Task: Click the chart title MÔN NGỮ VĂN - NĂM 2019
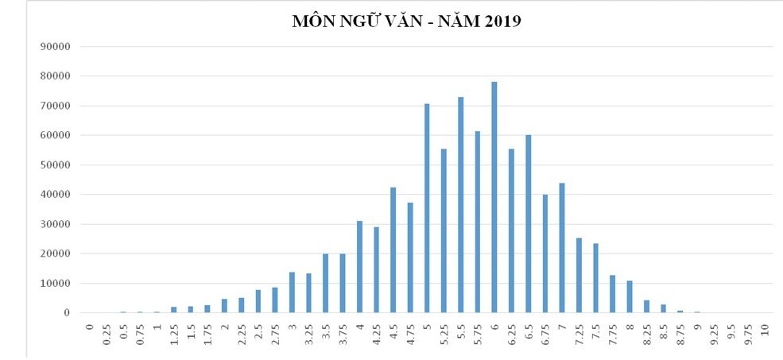click(406, 21)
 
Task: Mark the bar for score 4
click(359, 267)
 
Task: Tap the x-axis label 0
click(90, 326)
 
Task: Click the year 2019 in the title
click(501, 21)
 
